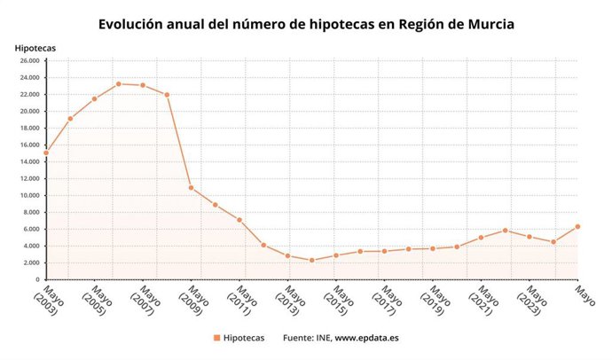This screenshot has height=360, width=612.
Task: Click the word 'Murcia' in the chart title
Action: (x=485, y=24)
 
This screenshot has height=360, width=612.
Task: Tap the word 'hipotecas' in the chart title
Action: (x=328, y=24)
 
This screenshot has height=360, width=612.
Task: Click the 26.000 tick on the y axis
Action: (x=28, y=61)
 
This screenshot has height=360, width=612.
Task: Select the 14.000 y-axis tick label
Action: (x=28, y=161)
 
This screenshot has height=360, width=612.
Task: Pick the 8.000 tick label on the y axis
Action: (x=31, y=212)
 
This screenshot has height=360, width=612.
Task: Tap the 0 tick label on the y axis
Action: (x=37, y=279)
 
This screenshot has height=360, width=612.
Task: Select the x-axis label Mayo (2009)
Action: (x=195, y=301)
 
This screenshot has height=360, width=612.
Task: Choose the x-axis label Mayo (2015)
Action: (x=341, y=301)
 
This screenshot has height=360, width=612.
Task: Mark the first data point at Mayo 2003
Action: (x=46, y=153)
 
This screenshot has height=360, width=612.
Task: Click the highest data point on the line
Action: (x=119, y=84)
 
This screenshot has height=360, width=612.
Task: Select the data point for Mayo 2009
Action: (x=192, y=188)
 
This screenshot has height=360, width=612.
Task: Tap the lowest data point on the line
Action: (x=312, y=260)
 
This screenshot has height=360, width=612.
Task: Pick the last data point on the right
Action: (x=578, y=226)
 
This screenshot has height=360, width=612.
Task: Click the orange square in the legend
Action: (x=216, y=338)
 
